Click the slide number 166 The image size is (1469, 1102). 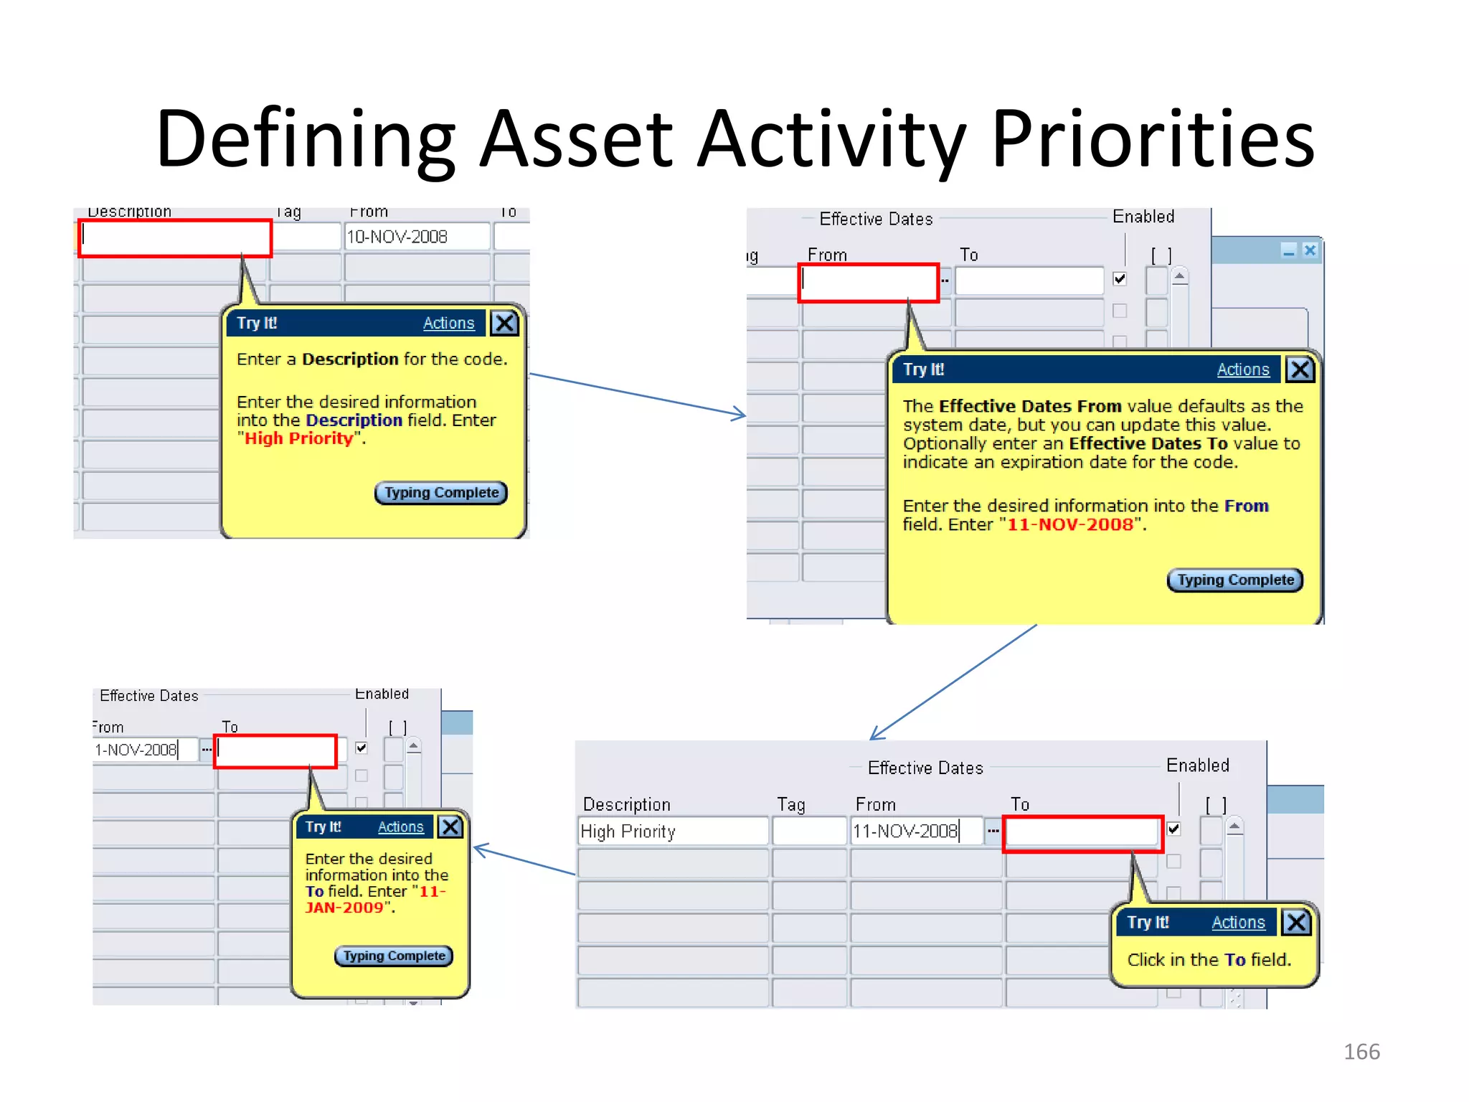click(1361, 1052)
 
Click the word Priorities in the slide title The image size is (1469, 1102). click(1153, 138)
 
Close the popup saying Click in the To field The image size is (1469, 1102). click(1296, 922)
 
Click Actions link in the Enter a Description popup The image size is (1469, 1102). click(448, 324)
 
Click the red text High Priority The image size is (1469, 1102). click(298, 439)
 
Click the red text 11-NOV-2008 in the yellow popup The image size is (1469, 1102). click(1069, 524)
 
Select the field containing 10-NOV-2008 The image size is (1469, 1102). click(416, 237)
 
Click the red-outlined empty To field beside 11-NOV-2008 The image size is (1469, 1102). click(1082, 833)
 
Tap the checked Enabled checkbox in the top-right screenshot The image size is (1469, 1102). click(1120, 279)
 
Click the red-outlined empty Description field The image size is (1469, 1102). click(175, 238)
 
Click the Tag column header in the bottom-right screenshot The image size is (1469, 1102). click(790, 805)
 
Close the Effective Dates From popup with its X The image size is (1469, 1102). click(1300, 369)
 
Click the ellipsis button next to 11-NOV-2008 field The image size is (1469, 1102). click(993, 832)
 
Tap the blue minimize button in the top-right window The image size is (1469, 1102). click(1288, 250)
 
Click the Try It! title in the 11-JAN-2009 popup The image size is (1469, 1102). click(323, 827)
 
